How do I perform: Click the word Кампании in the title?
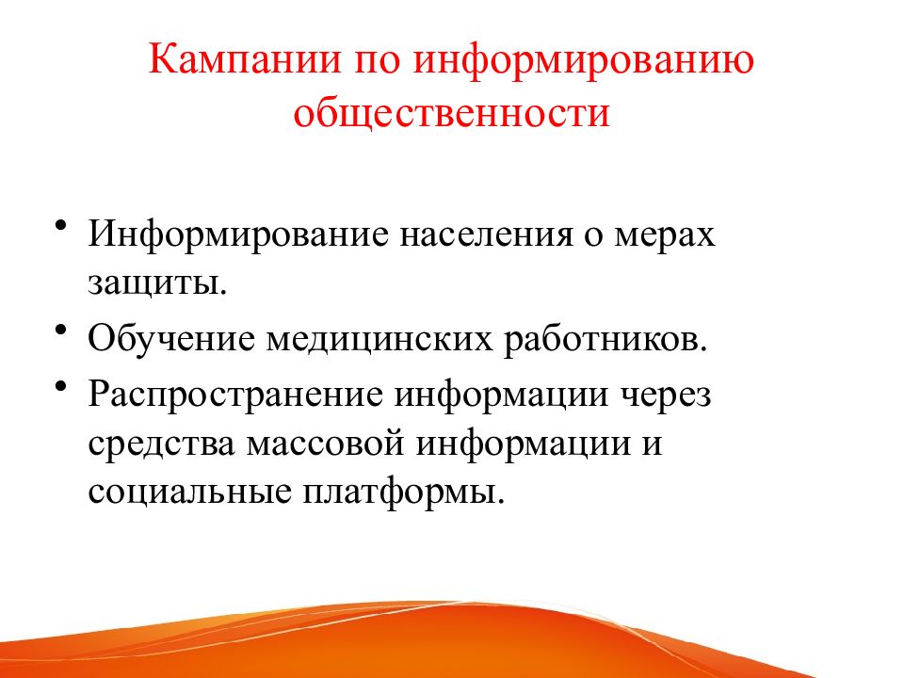click(245, 58)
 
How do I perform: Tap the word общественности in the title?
click(451, 112)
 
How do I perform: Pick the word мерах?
click(664, 238)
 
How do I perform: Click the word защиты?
click(157, 284)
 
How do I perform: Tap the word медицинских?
click(379, 340)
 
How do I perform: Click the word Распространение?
click(235, 396)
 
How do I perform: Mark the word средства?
click(161, 444)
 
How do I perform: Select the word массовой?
click(325, 444)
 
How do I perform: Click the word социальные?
click(189, 492)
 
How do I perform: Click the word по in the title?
click(377, 62)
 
